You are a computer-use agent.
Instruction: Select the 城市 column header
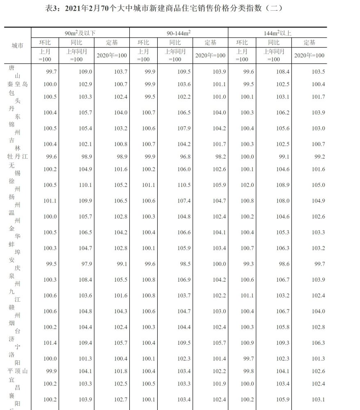click(x=17, y=46)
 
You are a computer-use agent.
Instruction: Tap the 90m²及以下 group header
click(x=80, y=33)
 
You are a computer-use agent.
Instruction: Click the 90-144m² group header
click(x=179, y=33)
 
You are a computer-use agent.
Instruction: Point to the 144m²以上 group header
click(x=277, y=33)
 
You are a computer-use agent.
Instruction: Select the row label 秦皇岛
click(x=17, y=84)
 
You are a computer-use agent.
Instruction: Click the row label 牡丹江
click(x=17, y=156)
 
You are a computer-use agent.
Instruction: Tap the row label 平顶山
click(x=17, y=371)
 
